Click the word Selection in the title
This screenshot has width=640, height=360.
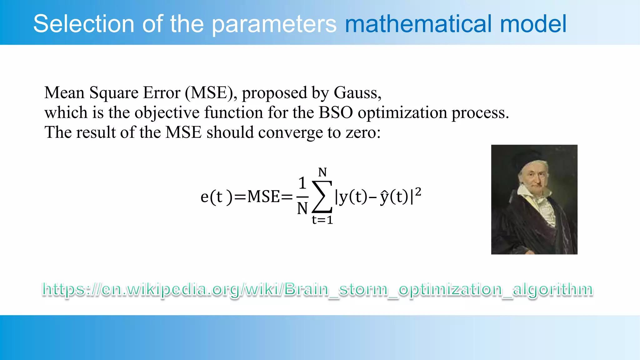[84, 24]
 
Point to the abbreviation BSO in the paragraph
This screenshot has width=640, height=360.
[335, 112]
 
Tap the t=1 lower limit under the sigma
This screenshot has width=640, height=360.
[322, 220]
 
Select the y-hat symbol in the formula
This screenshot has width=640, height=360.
[384, 197]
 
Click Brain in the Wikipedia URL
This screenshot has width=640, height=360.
[306, 289]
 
